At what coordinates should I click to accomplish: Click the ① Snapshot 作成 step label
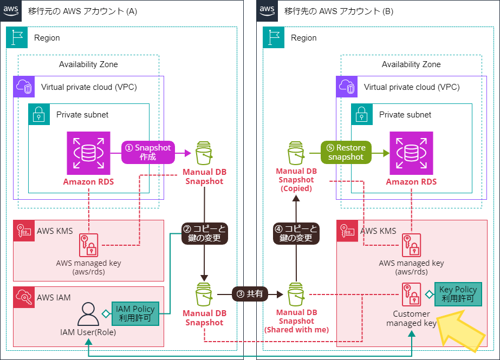click(148, 152)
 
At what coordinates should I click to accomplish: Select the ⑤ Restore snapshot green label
click(346, 152)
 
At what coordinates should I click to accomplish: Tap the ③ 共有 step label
click(250, 294)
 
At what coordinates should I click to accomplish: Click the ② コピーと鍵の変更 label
click(204, 233)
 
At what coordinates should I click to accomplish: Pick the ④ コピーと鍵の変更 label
click(296, 233)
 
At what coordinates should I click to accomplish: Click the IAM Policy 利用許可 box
click(135, 313)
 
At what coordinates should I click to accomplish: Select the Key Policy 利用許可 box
click(458, 294)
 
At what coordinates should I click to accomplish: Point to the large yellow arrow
click(461, 331)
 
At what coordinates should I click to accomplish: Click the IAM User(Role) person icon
click(88, 314)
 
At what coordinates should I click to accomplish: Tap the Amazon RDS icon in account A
click(89, 153)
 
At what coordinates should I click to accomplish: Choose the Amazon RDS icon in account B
click(411, 153)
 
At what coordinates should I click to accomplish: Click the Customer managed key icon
click(411, 294)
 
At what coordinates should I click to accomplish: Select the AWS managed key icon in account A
click(89, 245)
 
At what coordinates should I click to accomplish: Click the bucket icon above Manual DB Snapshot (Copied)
click(296, 153)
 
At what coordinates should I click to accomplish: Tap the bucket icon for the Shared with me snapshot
click(296, 294)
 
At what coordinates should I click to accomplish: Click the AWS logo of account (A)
click(11, 11)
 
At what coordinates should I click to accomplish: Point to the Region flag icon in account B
click(274, 37)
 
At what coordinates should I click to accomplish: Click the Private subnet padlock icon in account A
click(39, 114)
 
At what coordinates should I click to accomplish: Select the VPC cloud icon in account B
click(347, 87)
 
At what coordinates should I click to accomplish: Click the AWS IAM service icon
click(24, 297)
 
